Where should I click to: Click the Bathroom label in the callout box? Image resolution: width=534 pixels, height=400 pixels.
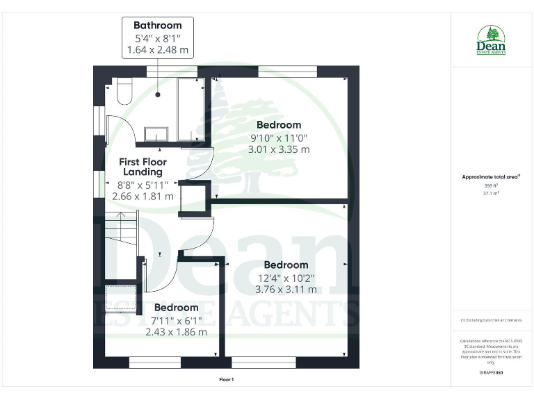pyautogui.click(x=158, y=26)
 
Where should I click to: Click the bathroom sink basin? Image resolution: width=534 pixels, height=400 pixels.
pyautogui.click(x=156, y=133)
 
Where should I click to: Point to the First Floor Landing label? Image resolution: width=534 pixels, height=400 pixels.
pyautogui.click(x=142, y=167)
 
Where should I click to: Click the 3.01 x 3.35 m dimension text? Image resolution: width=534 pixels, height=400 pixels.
pyautogui.click(x=279, y=149)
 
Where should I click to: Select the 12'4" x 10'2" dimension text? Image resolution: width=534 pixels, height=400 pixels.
pyautogui.click(x=286, y=278)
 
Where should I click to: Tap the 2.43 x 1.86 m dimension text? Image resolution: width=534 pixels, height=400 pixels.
pyautogui.click(x=176, y=332)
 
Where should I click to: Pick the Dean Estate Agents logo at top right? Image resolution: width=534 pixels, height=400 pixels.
pyautogui.click(x=491, y=40)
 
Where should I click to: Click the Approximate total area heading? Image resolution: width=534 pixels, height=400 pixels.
pyautogui.click(x=491, y=177)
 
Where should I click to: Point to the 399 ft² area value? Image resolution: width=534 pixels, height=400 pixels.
pyautogui.click(x=491, y=186)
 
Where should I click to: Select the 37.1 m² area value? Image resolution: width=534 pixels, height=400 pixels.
pyautogui.click(x=491, y=194)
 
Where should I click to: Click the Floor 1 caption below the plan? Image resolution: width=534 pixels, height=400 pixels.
pyautogui.click(x=227, y=379)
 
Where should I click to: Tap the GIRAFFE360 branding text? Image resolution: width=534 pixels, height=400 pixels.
pyautogui.click(x=491, y=373)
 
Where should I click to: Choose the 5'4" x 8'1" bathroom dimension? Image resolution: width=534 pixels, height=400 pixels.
pyautogui.click(x=158, y=38)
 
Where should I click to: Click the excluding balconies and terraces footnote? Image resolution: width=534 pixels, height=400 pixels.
pyautogui.click(x=491, y=320)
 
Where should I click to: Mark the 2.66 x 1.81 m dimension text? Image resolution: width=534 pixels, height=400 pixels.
pyautogui.click(x=143, y=197)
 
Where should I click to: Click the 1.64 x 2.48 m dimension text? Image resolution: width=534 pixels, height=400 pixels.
pyautogui.click(x=158, y=50)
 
